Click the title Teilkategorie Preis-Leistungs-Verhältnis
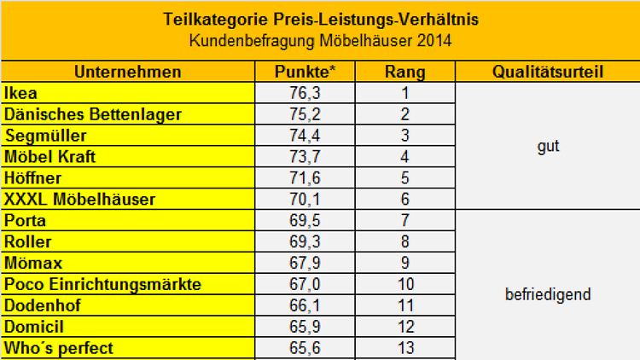[x=319, y=19]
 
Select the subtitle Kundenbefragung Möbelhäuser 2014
[x=319, y=39]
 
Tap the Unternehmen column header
[x=127, y=72]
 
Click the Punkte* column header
[x=305, y=72]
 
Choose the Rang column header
[x=405, y=72]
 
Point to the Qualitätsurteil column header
[x=548, y=72]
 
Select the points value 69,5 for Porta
[x=305, y=220]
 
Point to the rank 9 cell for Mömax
[x=405, y=263]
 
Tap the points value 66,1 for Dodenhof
[x=305, y=305]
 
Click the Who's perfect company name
[x=59, y=348]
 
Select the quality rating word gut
[x=548, y=146]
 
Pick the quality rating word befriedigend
[x=548, y=295]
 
